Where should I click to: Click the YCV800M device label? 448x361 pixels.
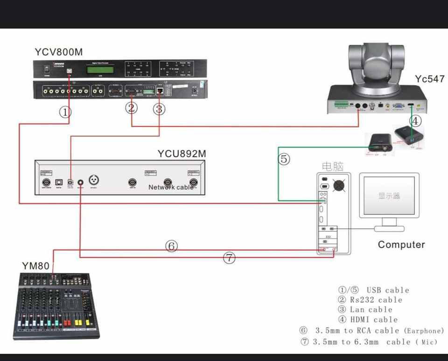(58, 52)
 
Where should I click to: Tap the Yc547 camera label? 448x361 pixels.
(429, 79)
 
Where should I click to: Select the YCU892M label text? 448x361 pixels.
(182, 154)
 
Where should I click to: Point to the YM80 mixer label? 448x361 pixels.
(35, 266)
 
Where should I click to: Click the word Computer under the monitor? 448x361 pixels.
(401, 244)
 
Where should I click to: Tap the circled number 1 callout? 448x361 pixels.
(65, 112)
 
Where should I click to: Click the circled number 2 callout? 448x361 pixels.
(132, 108)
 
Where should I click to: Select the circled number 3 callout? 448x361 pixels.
(159, 109)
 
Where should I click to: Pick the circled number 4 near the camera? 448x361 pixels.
(415, 120)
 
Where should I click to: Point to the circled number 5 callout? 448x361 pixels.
(284, 159)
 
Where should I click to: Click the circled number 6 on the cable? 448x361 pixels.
(172, 246)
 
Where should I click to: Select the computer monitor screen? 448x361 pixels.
(389, 196)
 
